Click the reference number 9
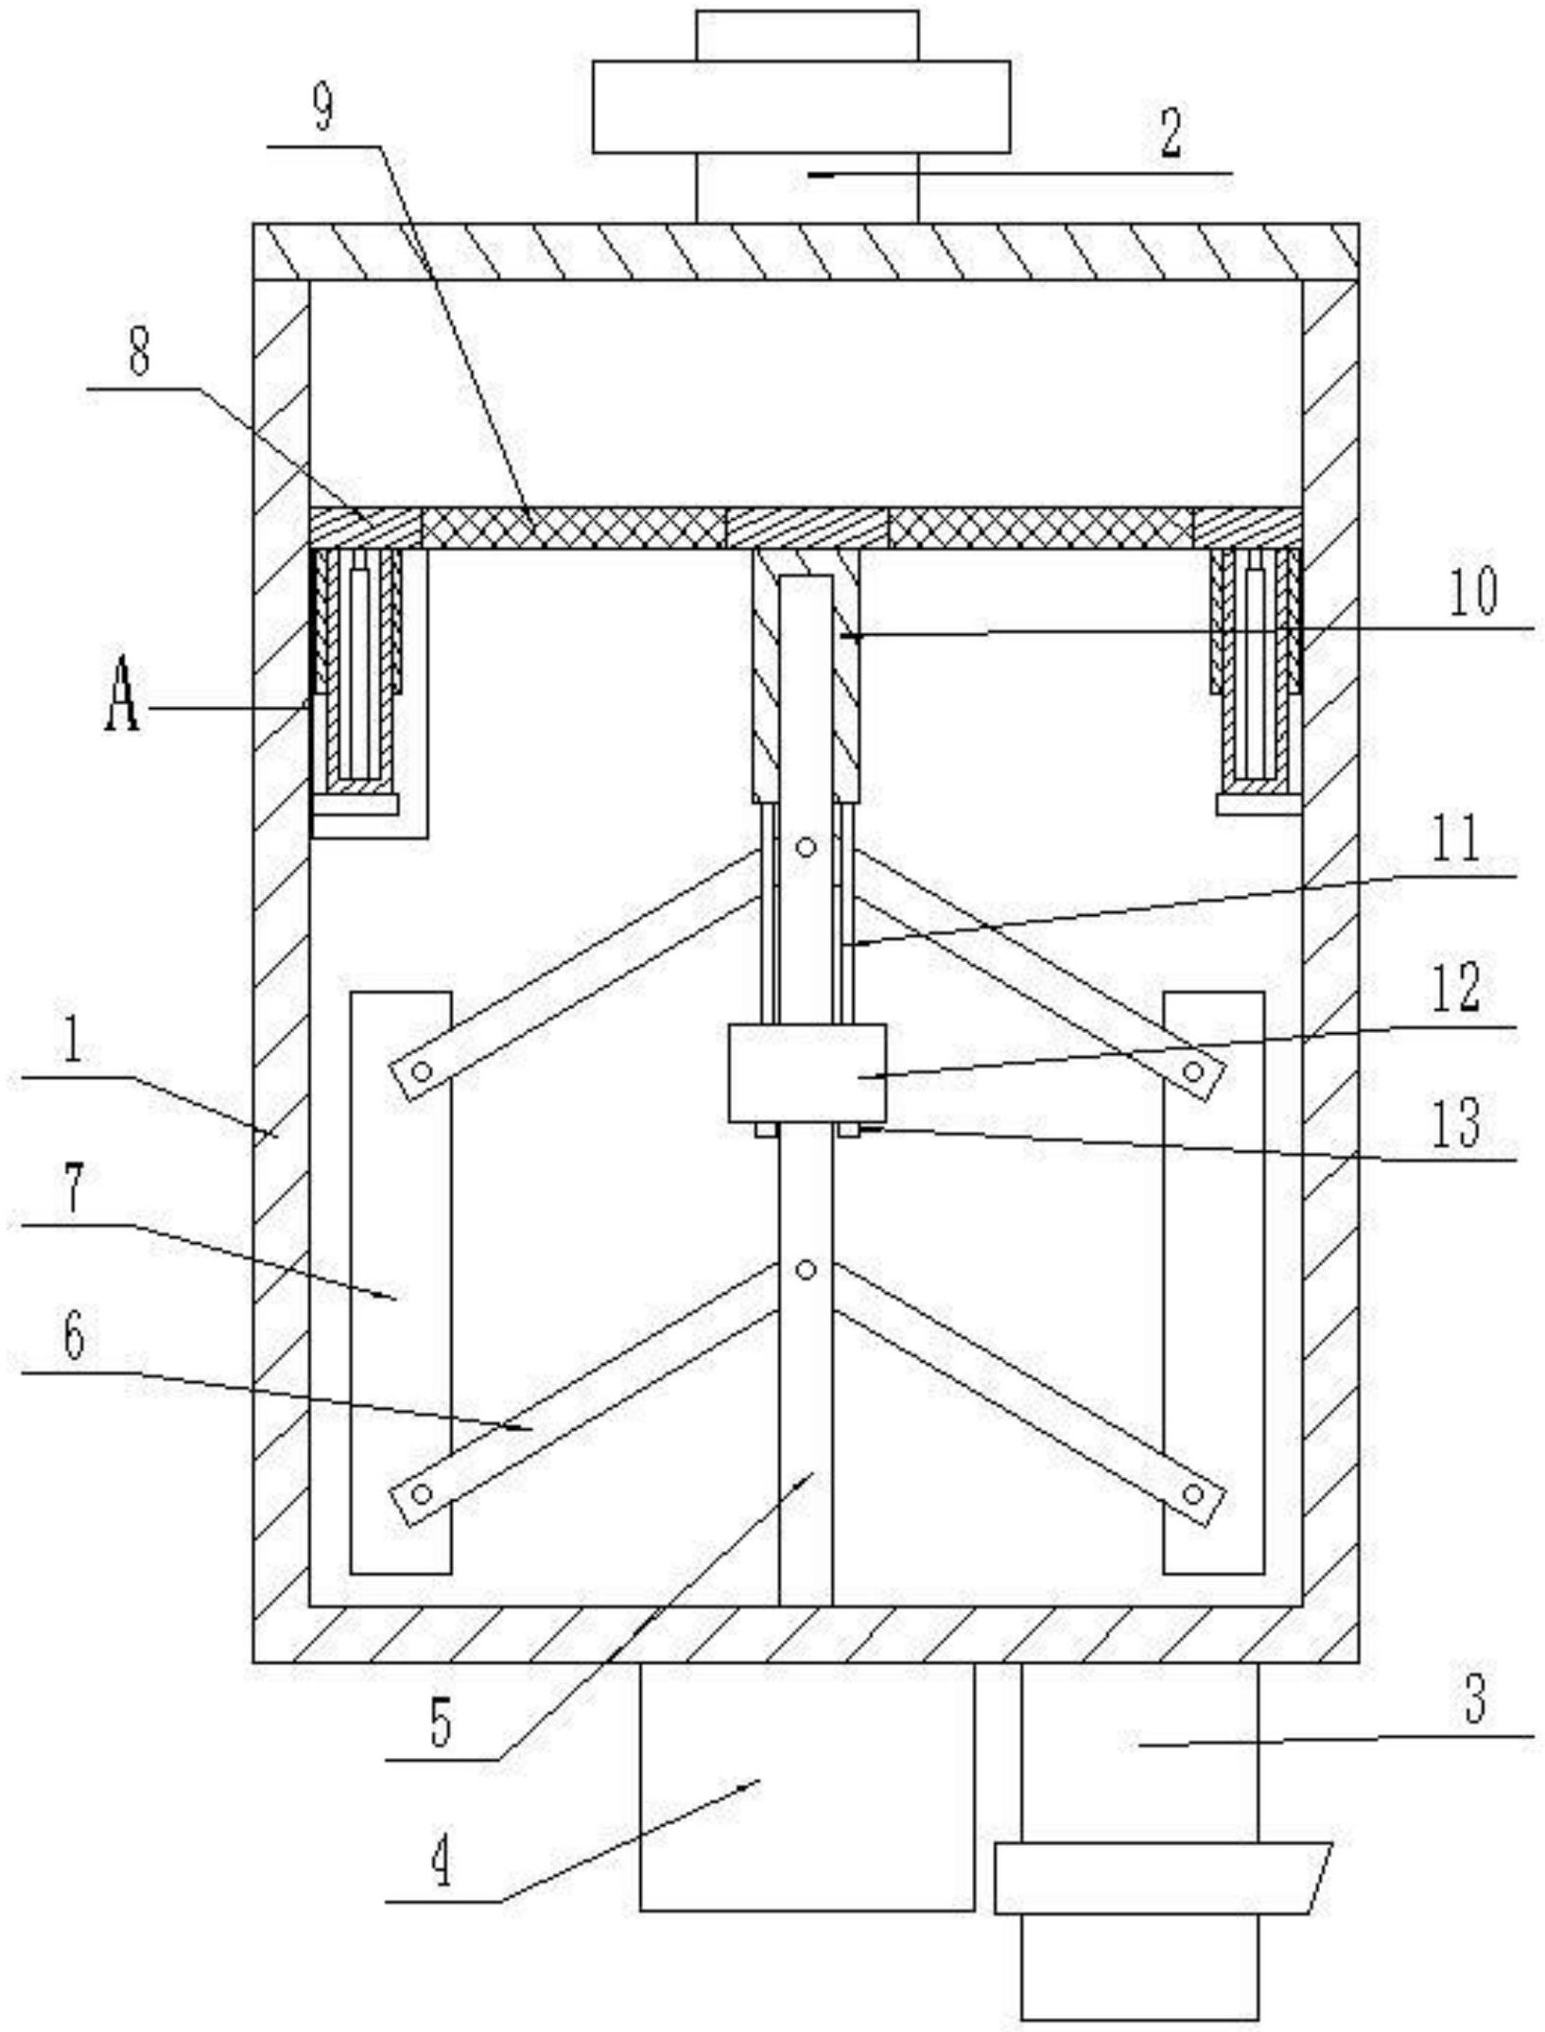pos(323,112)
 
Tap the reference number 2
pos(1172,133)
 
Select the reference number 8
pos(139,355)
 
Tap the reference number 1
pos(73,1042)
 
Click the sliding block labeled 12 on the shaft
pos(807,1073)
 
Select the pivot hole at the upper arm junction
pos(806,848)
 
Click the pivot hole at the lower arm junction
pos(806,1270)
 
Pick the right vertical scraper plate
pos(1213,1283)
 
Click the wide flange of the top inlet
pos(801,106)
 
